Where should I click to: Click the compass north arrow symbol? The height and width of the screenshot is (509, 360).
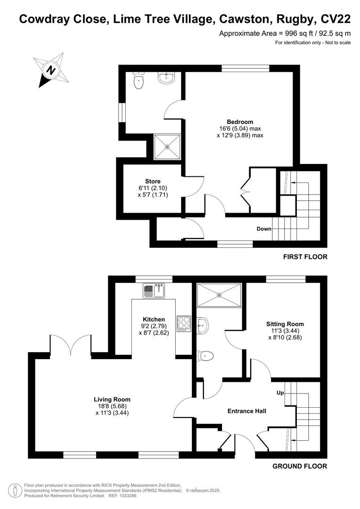click(49, 70)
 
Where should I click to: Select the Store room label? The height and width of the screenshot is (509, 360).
click(153, 181)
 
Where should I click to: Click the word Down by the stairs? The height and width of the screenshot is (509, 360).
click(264, 229)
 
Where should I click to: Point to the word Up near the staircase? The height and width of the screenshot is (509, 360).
click(279, 393)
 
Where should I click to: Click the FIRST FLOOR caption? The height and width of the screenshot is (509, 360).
click(305, 257)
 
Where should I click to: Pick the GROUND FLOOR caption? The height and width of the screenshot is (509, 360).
click(300, 467)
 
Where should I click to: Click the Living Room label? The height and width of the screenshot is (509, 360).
click(112, 400)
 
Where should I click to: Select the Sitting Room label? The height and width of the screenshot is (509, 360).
click(285, 324)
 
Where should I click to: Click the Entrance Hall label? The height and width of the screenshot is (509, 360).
click(247, 411)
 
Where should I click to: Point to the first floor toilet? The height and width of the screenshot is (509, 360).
click(139, 82)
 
